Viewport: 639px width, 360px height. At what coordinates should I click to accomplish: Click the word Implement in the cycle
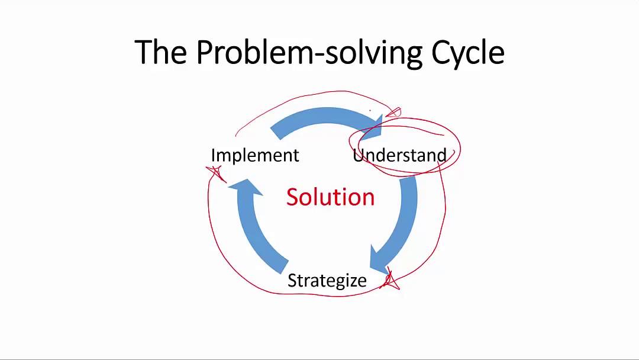[x=255, y=155]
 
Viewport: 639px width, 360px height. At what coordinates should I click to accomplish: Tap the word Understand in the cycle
[x=399, y=155]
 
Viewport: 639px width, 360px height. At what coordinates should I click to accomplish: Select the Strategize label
[x=327, y=280]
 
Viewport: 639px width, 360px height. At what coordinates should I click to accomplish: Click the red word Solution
[x=330, y=197]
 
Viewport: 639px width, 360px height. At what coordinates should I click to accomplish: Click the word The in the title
[x=161, y=52]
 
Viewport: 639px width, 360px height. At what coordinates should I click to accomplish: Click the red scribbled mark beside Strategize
[x=390, y=281]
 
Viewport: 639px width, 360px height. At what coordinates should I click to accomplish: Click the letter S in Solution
[x=292, y=197]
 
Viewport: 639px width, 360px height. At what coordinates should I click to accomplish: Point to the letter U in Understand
[x=359, y=155]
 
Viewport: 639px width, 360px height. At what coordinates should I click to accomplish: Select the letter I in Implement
[x=214, y=155]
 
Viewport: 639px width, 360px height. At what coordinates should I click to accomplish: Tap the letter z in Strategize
[x=352, y=281]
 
